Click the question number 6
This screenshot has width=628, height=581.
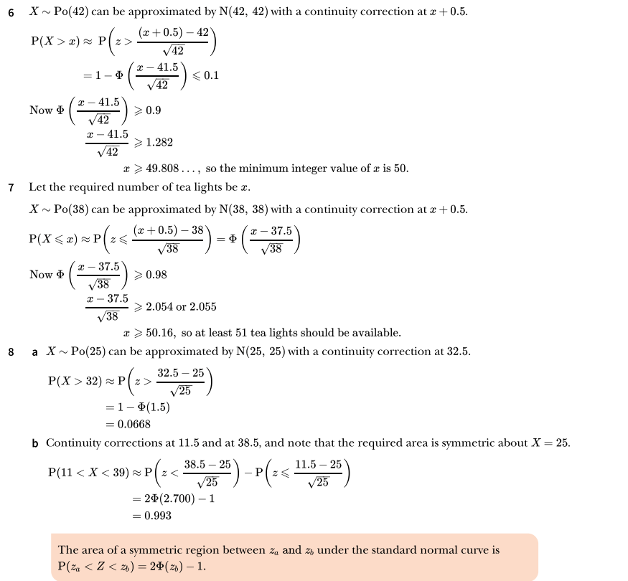point(11,13)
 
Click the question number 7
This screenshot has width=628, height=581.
point(11,188)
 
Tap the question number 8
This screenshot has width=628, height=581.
point(11,352)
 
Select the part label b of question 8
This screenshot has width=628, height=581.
point(35,443)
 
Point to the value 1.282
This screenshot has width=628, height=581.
point(159,143)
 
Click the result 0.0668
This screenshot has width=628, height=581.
point(134,425)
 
